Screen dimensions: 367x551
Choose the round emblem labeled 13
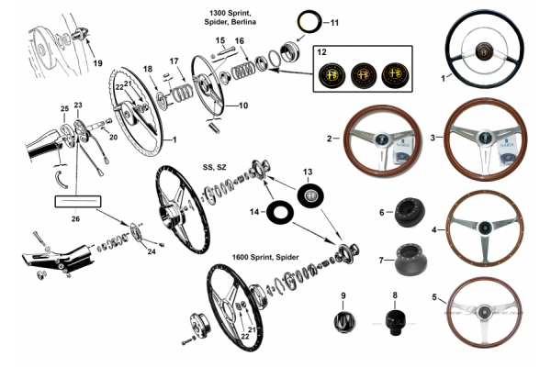(309, 194)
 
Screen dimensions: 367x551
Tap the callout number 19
(98, 63)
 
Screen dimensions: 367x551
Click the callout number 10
(242, 106)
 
